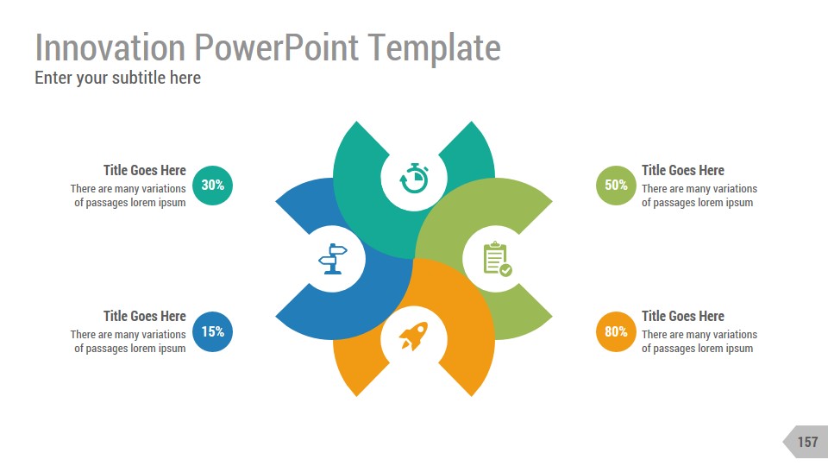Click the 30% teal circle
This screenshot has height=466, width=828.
[x=212, y=185]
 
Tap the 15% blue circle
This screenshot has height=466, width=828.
[x=212, y=331]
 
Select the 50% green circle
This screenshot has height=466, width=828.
[x=616, y=185]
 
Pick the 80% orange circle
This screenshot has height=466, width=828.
[x=616, y=331]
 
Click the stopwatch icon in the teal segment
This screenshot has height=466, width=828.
[x=414, y=178]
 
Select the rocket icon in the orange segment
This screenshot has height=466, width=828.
[x=413, y=336]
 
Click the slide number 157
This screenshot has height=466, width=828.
[x=806, y=442]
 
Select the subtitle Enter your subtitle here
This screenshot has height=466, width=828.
[x=117, y=78]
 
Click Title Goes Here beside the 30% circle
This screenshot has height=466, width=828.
[x=144, y=170]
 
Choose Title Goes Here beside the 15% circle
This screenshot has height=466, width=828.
[x=144, y=316]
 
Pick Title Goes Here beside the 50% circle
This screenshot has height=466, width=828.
[x=682, y=170]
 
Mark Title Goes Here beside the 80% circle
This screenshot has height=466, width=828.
[x=682, y=316]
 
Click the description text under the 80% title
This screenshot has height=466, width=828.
[x=699, y=341]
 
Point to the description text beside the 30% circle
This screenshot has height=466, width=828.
[x=129, y=195]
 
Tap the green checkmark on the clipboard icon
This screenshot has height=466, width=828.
[x=506, y=270]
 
